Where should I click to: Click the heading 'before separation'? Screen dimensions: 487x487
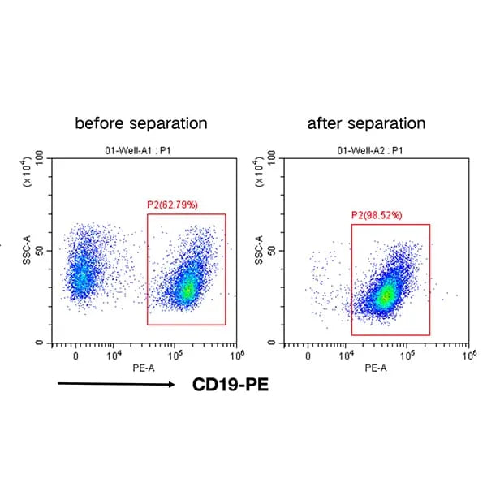tap(141, 123)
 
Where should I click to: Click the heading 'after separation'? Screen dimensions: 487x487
tap(366, 123)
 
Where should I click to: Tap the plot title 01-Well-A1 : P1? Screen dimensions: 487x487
tap(141, 149)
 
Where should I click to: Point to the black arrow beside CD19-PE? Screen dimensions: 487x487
tap(118, 385)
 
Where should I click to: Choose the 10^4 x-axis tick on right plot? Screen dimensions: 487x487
tap(347, 356)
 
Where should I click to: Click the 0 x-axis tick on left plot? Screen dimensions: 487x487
tap(75, 356)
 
